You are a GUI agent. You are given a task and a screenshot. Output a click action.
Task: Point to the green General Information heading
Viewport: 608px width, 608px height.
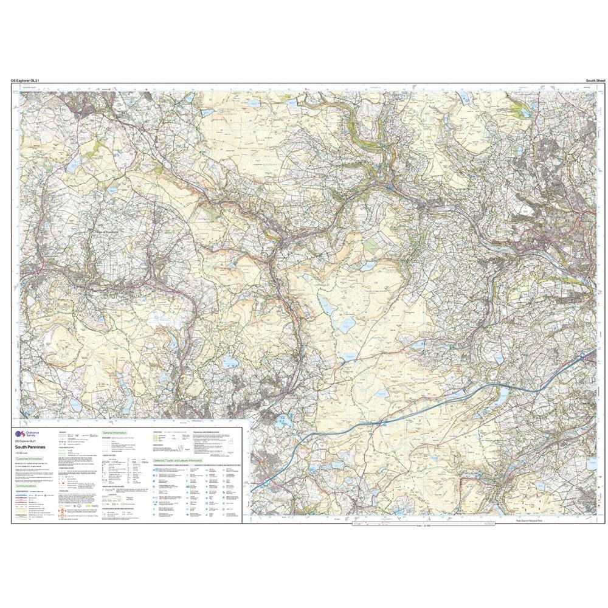(114, 433)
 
